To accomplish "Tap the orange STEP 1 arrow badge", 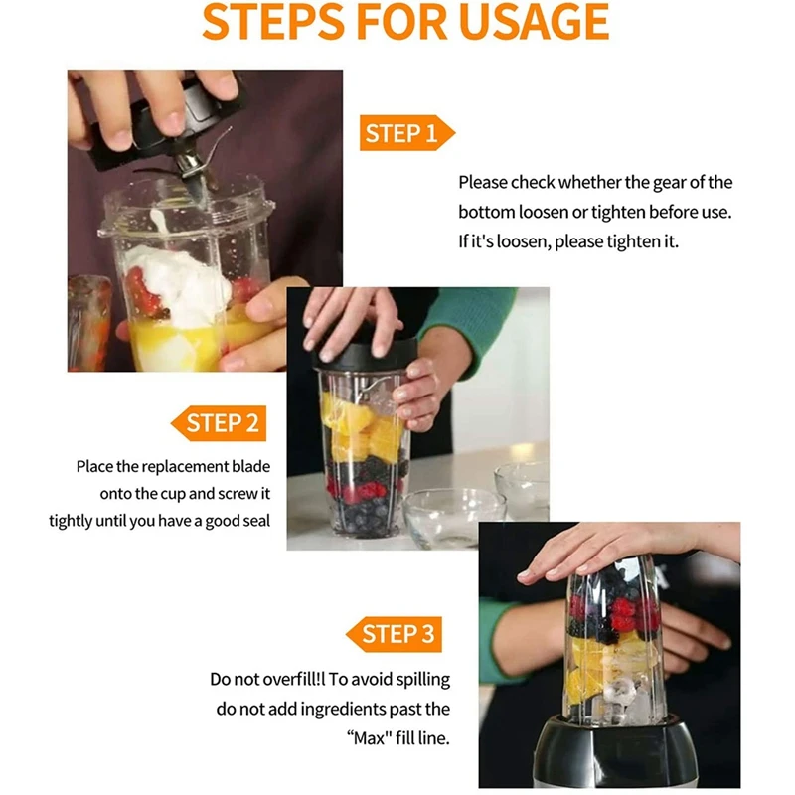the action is (x=406, y=133).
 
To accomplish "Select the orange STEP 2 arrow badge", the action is (x=219, y=423).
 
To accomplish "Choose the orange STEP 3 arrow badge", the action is (x=394, y=634).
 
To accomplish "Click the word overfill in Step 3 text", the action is (x=285, y=679).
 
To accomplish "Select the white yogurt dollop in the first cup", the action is (x=178, y=284).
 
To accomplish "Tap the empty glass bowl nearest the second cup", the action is (x=454, y=517).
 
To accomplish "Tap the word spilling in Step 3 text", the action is (x=423, y=680).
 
